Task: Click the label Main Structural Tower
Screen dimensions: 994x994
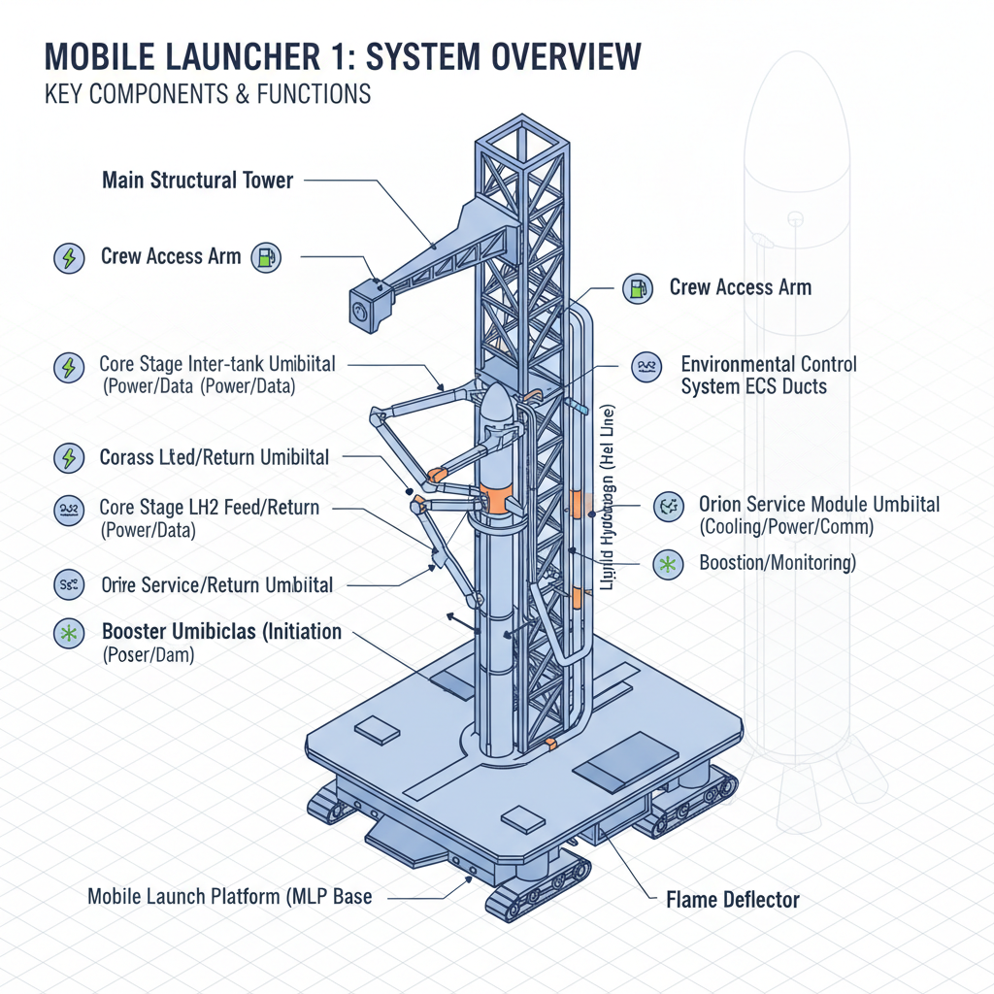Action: pyautogui.click(x=197, y=180)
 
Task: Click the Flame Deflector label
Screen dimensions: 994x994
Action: pyautogui.click(x=733, y=900)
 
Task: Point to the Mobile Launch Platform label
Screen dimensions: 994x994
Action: pyautogui.click(x=230, y=896)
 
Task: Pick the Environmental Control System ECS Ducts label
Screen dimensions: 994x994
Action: pyautogui.click(x=769, y=375)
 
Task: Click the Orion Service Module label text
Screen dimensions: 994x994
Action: pyautogui.click(x=819, y=505)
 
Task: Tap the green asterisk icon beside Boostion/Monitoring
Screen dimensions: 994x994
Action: pyautogui.click(x=668, y=563)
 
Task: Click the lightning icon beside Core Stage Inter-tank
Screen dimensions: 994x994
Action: pyautogui.click(x=68, y=367)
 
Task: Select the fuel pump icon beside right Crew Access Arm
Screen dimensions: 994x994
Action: pyautogui.click(x=637, y=288)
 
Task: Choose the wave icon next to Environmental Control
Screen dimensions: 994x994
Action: pyautogui.click(x=646, y=366)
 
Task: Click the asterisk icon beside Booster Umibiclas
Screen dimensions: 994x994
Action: pyautogui.click(x=68, y=633)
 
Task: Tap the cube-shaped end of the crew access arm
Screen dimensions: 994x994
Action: pyautogui.click(x=366, y=307)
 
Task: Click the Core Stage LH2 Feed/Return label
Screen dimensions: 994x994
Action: pyautogui.click(x=209, y=508)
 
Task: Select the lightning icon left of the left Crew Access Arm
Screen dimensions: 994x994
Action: pyautogui.click(x=68, y=258)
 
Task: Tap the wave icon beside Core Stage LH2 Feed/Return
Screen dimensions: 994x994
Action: pyautogui.click(x=68, y=509)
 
